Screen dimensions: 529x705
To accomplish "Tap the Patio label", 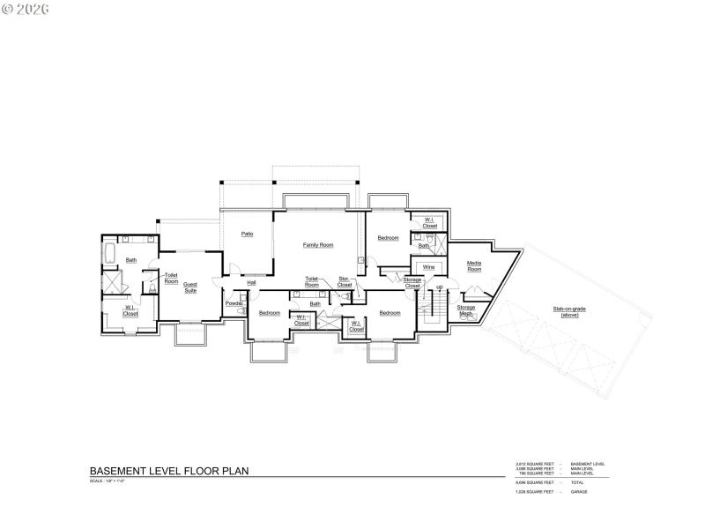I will tap(248, 234).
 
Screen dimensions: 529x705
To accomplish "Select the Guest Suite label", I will tap(190, 287).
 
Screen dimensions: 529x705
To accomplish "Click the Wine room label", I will tap(428, 266).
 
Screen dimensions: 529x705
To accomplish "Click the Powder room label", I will tap(234, 303).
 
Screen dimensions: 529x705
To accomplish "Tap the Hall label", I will tap(251, 282).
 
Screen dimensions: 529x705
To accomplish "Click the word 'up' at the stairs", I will tap(440, 287).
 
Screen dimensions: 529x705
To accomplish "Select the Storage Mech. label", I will tap(465, 309).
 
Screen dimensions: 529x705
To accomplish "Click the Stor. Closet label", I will tap(345, 282).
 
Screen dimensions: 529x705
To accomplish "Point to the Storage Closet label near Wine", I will tap(412, 282).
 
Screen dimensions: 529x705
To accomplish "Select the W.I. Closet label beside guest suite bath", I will tap(130, 311).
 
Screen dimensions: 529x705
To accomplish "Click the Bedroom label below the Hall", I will tap(269, 313).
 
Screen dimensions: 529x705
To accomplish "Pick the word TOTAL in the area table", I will tap(577, 482).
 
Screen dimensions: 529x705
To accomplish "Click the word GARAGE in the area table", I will tap(579, 491).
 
